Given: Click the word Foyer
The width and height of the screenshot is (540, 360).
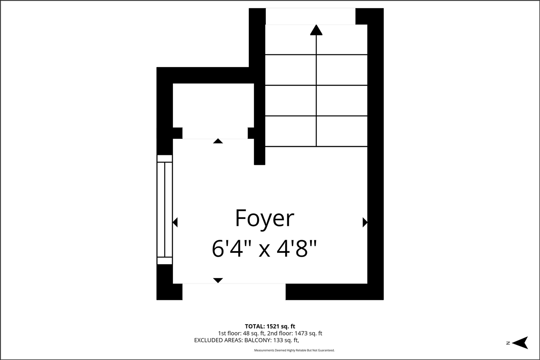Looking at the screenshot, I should pos(264,219).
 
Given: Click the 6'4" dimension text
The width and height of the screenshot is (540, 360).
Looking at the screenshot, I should pos(230,249).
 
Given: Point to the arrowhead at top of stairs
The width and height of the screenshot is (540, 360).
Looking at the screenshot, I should pos(316,30).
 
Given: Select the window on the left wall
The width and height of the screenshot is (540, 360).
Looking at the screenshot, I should pos(165,210).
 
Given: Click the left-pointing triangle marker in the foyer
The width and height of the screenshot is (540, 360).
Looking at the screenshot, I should pos(175,222).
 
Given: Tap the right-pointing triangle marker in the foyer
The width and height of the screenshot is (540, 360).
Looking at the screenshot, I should pos(365,222).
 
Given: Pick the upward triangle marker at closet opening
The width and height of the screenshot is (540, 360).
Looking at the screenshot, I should pos(218,141).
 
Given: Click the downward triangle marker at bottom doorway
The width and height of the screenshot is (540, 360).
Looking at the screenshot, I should pos(218,280).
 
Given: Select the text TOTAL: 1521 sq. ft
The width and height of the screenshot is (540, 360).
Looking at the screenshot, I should pos(270,326).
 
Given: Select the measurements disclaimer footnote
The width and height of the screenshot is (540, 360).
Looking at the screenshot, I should pos(294,350).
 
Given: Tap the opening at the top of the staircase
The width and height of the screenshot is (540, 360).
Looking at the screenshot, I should pos(310,16).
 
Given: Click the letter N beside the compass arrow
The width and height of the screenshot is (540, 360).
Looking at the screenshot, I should pos(508,343).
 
